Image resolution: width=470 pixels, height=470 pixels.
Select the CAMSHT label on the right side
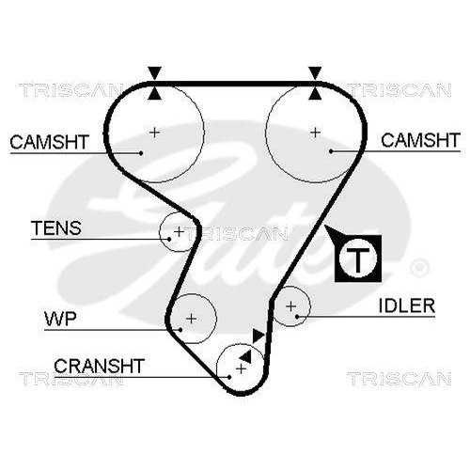tap(419, 142)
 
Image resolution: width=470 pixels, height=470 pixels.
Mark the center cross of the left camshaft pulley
tap(155, 131)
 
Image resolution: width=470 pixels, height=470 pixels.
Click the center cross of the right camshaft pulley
tap(315, 131)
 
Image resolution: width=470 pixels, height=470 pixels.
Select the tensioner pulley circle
tap(178, 230)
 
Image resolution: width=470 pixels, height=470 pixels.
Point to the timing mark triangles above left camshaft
tap(155, 82)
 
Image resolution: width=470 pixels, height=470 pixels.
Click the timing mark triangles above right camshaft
tap(315, 82)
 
